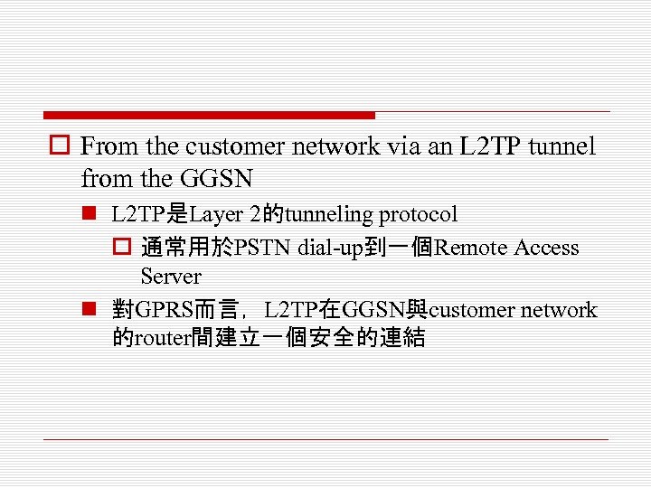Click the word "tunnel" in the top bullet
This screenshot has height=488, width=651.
561,147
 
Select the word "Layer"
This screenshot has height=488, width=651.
217,214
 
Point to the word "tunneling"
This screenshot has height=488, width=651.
328,214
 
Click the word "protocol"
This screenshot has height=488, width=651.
418,215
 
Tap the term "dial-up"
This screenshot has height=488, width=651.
329,248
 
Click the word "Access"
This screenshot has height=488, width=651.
546,248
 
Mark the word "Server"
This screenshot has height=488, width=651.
171,276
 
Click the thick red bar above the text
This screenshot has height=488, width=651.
209,116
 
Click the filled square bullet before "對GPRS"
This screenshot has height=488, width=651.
89,310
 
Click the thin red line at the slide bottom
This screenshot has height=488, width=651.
325,440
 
